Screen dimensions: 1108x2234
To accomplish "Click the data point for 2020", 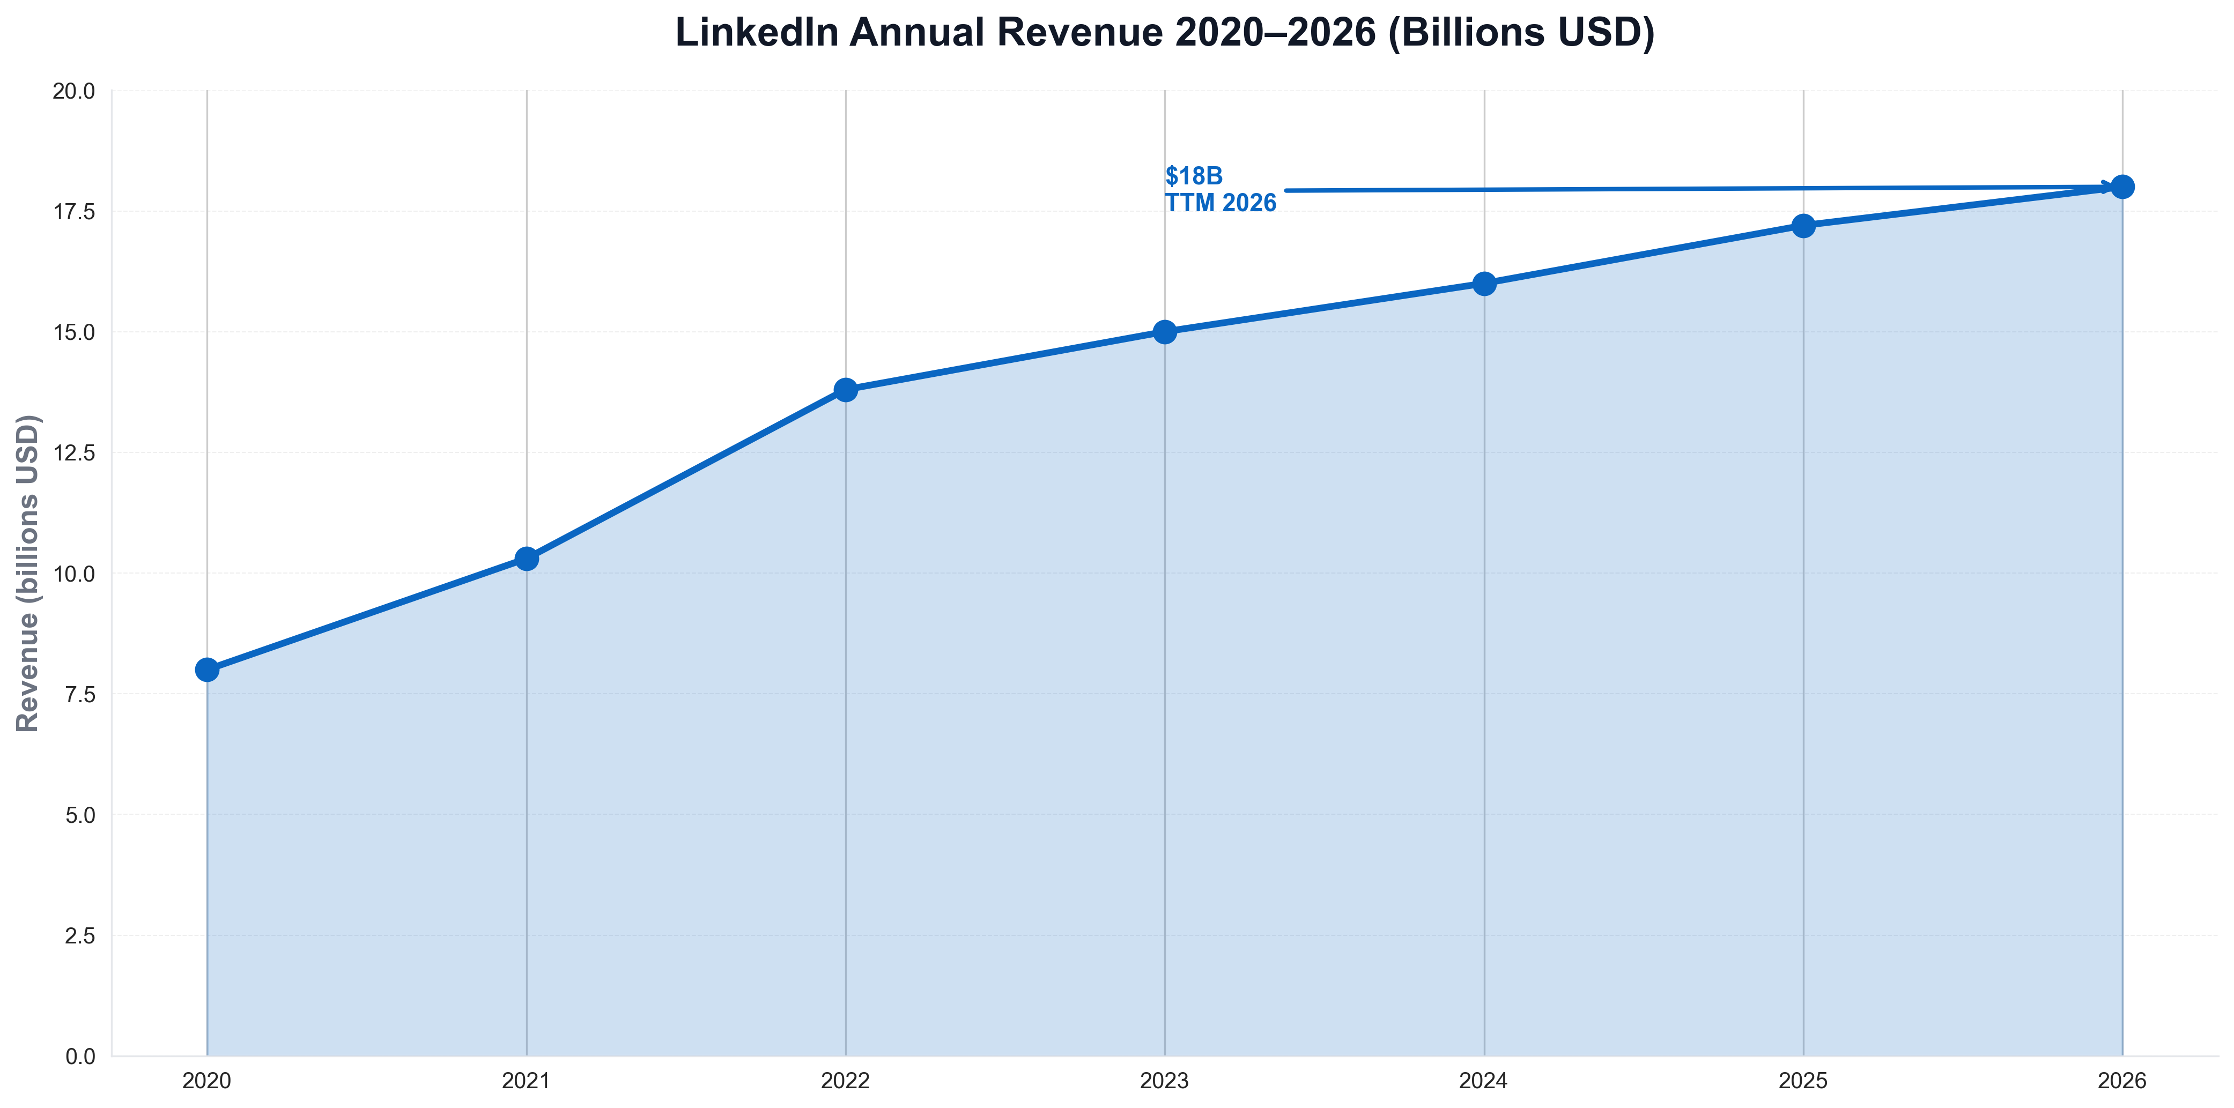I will tap(208, 670).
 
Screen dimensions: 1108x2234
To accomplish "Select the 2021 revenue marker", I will tap(527, 559).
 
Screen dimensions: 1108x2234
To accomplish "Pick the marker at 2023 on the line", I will tap(1165, 332).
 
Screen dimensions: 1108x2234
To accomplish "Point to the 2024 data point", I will tap(1484, 284).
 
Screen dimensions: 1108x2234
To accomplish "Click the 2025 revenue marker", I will tap(1803, 226).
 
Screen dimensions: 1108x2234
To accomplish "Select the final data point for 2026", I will tap(2122, 187).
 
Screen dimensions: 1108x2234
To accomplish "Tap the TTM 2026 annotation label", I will tap(1220, 203).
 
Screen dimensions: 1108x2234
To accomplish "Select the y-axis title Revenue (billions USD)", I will tap(28, 573).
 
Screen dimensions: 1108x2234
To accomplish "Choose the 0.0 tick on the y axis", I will tap(80, 1056).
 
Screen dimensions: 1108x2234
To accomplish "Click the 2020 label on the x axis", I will tap(208, 1080).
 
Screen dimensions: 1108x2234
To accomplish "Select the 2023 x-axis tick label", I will tap(1165, 1080).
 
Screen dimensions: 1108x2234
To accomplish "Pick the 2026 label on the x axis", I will tap(2122, 1080).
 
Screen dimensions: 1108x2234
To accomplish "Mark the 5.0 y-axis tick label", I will tap(80, 815).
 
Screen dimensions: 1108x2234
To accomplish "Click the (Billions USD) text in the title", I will tap(1521, 33).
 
